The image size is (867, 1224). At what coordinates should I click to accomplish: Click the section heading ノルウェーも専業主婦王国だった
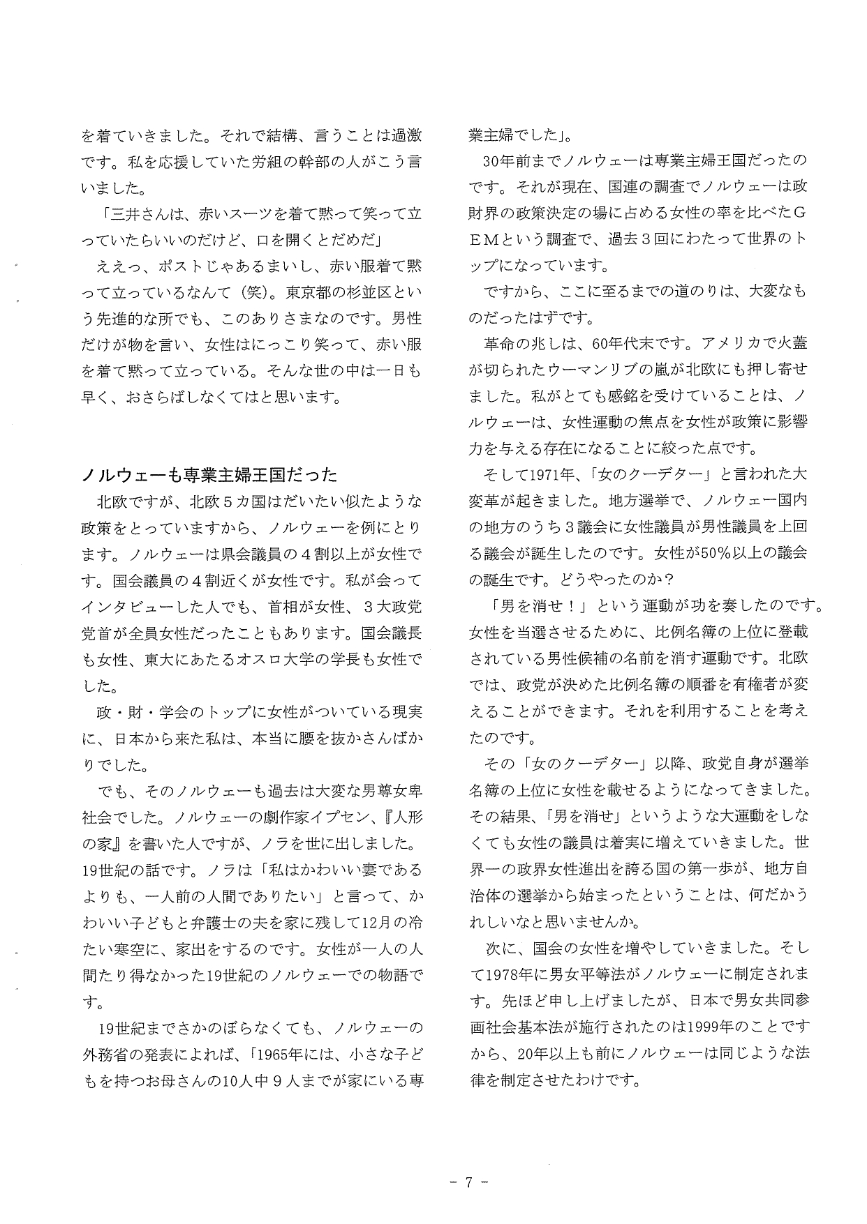[209, 476]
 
